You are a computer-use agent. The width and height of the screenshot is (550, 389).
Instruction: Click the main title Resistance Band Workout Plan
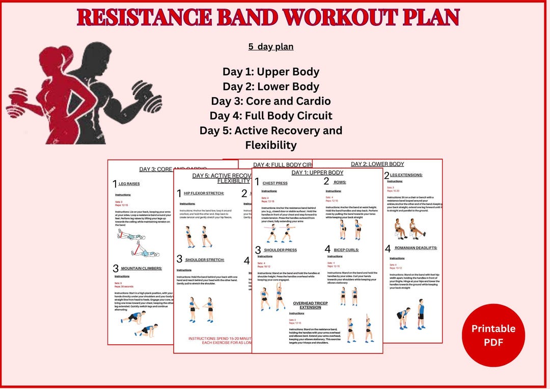(268, 17)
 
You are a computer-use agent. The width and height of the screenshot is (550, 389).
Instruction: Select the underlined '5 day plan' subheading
(270, 46)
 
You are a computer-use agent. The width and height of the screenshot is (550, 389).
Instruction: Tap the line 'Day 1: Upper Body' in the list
(270, 72)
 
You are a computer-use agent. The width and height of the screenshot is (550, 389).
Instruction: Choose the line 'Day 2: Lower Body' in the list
(270, 87)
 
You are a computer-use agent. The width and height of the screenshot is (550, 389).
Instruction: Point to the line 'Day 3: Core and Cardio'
(270, 101)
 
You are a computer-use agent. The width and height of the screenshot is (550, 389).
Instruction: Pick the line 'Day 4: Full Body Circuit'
(270, 116)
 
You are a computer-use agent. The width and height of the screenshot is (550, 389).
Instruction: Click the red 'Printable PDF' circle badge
(493, 335)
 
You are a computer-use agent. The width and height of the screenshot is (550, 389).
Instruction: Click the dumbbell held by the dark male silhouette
(150, 100)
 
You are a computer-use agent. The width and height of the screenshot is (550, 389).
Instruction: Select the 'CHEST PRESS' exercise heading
(275, 183)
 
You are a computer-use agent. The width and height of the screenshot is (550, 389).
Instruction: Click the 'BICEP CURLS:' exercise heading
(346, 250)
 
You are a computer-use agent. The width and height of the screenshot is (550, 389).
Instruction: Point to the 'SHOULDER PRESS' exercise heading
(280, 250)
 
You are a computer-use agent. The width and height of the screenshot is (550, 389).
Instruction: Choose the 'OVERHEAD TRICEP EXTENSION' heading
(310, 305)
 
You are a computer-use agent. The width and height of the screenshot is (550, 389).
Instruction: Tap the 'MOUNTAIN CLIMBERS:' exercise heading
(141, 268)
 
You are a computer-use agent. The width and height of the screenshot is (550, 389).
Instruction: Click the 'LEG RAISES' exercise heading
(129, 184)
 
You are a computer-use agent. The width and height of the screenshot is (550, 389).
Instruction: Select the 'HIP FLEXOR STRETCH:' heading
(204, 193)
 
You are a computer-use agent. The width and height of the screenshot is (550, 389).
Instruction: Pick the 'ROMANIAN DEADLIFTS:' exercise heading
(416, 248)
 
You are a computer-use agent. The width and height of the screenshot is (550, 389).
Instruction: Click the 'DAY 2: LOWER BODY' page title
(377, 164)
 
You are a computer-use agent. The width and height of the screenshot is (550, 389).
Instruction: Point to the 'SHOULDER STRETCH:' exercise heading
(204, 260)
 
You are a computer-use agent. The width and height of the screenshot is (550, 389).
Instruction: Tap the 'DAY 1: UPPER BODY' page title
(317, 173)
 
